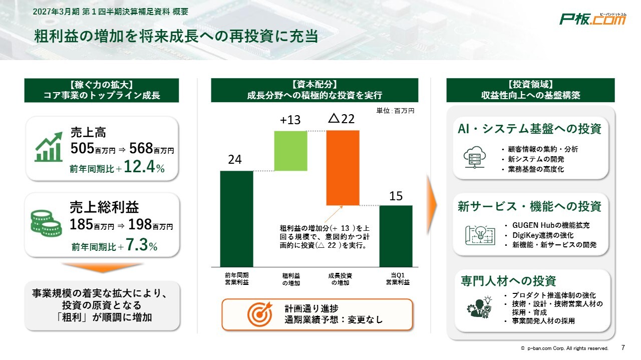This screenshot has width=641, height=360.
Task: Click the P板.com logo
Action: (592, 19)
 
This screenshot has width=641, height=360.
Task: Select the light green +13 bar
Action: (290, 151)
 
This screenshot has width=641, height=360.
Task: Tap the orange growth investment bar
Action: (343, 168)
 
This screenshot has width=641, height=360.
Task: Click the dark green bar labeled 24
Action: (237, 219)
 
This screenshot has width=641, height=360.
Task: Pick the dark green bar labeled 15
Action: (396, 236)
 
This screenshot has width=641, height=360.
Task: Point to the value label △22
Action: (342, 119)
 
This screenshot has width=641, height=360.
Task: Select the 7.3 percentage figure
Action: (137, 245)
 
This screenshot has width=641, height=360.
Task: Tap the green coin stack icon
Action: (46, 223)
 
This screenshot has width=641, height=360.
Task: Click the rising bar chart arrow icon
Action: (49, 147)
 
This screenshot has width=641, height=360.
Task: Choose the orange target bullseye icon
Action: (260, 314)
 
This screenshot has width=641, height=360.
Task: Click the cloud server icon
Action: (474, 157)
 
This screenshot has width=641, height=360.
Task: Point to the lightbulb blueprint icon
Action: (480, 235)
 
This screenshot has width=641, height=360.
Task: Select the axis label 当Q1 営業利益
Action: (398, 279)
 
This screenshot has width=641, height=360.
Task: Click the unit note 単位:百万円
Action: (395, 111)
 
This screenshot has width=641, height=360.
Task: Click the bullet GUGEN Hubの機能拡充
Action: (551, 225)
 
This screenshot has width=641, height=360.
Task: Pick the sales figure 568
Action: (141, 148)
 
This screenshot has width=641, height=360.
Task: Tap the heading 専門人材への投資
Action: (508, 281)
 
